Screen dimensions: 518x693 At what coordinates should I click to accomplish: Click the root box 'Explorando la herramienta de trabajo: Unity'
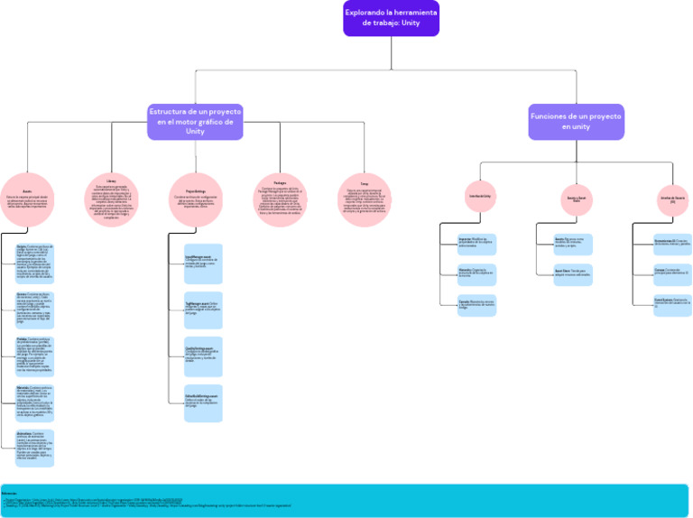pyautogui.click(x=391, y=18)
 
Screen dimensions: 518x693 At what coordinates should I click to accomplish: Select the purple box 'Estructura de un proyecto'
pyautogui.click(x=195, y=121)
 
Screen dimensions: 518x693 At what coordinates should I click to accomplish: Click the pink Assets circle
pyautogui.click(x=27, y=199)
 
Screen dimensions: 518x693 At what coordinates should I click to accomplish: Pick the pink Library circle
pyautogui.click(x=111, y=199)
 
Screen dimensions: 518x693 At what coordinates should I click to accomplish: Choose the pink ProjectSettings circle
pyautogui.click(x=195, y=199)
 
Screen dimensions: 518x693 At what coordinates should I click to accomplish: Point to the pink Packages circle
pyautogui.click(x=280, y=199)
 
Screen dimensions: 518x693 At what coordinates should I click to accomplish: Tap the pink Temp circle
pyautogui.click(x=365, y=199)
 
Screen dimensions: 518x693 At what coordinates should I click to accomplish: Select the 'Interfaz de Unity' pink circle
pyautogui.click(x=480, y=196)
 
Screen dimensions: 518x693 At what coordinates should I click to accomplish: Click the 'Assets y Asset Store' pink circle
pyautogui.click(x=576, y=198)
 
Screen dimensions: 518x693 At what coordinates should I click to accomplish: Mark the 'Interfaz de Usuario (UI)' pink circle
pyautogui.click(x=672, y=198)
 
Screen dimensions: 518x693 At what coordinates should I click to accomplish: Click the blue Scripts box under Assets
pyautogui.click(x=34, y=261)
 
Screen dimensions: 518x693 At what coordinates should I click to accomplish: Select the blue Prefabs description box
pyautogui.click(x=34, y=356)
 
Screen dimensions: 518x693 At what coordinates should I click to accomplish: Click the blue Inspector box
pyautogui.click(x=476, y=243)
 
